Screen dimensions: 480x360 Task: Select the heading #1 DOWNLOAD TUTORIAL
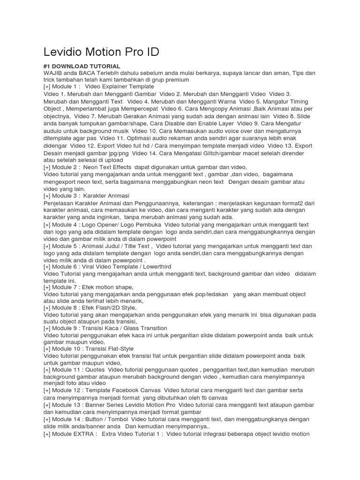tap(82, 67)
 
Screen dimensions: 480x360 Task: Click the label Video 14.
tap(144, 153)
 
